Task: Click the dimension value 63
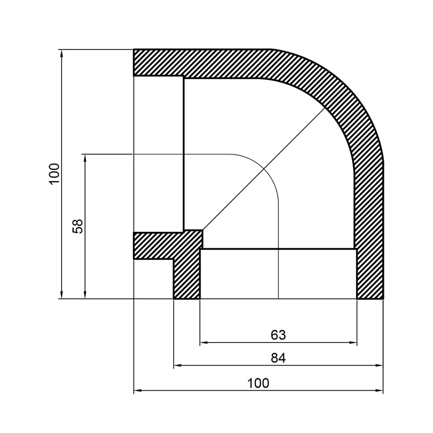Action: pyautogui.click(x=278, y=335)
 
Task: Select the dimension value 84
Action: pyautogui.click(x=278, y=358)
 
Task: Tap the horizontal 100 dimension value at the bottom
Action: pyautogui.click(x=258, y=383)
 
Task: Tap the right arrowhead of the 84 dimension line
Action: pyautogui.click(x=380, y=366)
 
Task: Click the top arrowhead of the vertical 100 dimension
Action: pyautogui.click(x=62, y=52)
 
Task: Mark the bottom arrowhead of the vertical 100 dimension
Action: pyautogui.click(x=62, y=295)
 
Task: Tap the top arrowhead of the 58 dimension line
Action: pyautogui.click(x=85, y=157)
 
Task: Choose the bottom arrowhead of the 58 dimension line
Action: pyautogui.click(x=85, y=295)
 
